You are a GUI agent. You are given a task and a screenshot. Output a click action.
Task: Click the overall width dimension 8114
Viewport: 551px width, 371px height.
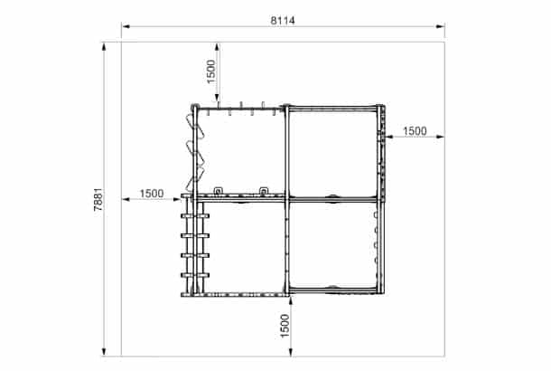coord(283,21)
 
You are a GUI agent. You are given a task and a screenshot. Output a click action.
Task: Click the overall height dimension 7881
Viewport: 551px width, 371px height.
coord(98,199)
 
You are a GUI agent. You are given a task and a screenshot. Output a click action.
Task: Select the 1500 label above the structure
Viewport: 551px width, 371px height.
coord(210,71)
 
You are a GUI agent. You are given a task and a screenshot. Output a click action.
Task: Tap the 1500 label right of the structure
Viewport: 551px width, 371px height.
coord(415,131)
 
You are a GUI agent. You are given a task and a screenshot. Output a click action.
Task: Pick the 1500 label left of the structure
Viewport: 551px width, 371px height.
coord(152,194)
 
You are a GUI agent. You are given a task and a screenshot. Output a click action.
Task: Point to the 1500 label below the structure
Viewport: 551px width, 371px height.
coord(285,326)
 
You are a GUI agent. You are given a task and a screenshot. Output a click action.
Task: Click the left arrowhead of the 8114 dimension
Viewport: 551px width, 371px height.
coord(126,26)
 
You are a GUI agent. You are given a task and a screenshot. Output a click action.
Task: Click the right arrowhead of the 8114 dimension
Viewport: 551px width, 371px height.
coord(440,26)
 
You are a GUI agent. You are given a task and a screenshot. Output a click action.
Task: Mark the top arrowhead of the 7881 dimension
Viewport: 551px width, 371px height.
coord(104,47)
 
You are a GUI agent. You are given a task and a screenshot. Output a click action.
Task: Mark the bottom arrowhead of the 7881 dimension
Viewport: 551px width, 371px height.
coord(104,351)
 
